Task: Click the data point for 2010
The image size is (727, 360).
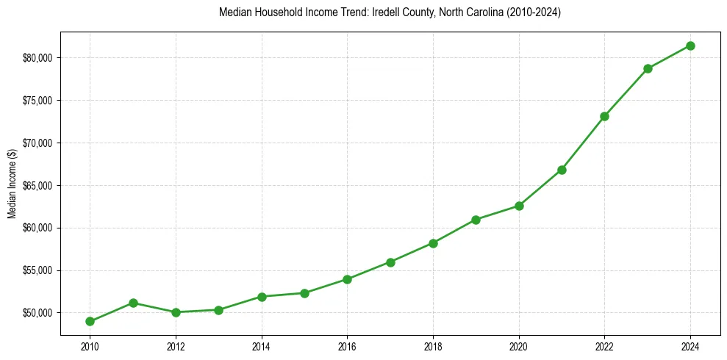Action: (x=90, y=321)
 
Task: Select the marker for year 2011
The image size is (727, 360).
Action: (x=133, y=303)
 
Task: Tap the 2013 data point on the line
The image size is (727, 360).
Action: (x=218, y=310)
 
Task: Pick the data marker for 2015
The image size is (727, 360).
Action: (x=304, y=293)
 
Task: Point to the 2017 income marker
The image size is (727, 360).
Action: (x=390, y=262)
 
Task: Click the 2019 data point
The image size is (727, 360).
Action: (x=476, y=220)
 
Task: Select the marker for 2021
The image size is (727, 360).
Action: (x=562, y=170)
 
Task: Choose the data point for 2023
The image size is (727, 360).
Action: (x=648, y=68)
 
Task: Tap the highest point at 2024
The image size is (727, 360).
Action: (x=690, y=46)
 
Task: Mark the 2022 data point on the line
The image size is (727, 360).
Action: (x=604, y=116)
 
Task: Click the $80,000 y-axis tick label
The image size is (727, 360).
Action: (x=37, y=58)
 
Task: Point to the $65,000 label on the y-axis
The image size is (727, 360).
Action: (x=37, y=185)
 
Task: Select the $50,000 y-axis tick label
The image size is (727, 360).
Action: (x=37, y=313)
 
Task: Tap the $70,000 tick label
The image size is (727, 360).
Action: (x=37, y=143)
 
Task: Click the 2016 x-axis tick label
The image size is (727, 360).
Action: (x=347, y=347)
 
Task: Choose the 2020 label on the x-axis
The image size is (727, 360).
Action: (x=519, y=347)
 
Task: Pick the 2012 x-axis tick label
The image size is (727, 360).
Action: (x=176, y=347)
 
